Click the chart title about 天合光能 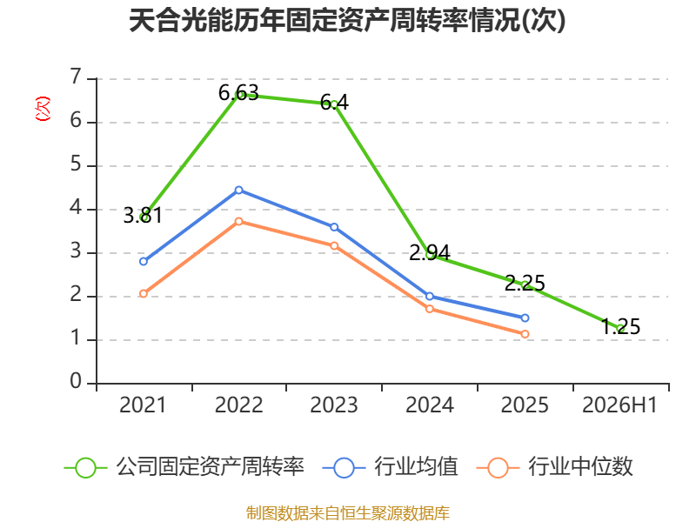[x=347, y=20]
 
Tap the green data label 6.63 [x=238, y=93]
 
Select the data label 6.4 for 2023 [x=334, y=103]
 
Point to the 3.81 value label [x=143, y=215]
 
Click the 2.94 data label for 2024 [x=429, y=252]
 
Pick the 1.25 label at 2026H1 [x=620, y=327]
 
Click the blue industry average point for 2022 [x=238, y=190]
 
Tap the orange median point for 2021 [x=144, y=293]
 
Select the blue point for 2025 [x=525, y=318]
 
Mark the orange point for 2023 [x=334, y=245]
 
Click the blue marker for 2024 [x=430, y=296]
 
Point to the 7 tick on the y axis [x=76, y=77]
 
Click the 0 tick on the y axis [x=76, y=381]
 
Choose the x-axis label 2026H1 [x=619, y=405]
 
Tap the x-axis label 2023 [x=334, y=405]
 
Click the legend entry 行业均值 [x=391, y=467]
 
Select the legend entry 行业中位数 [x=555, y=467]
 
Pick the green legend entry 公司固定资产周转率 [x=184, y=467]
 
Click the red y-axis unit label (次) [x=43, y=109]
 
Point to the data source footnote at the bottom [x=348, y=513]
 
